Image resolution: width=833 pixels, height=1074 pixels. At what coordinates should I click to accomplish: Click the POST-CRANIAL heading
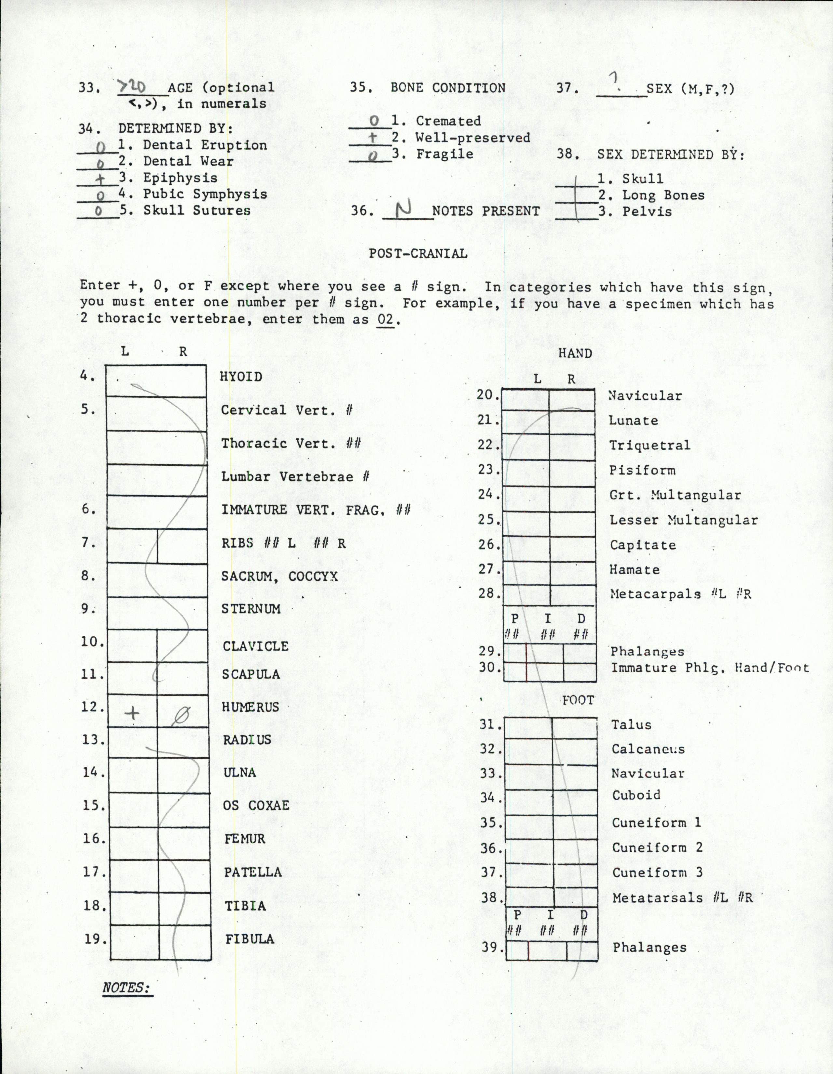click(418, 254)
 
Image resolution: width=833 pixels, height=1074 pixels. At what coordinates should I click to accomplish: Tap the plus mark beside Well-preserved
click(373, 138)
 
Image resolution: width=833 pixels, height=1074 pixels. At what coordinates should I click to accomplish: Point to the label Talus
click(631, 725)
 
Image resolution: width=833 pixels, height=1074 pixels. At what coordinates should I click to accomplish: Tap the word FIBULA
click(250, 939)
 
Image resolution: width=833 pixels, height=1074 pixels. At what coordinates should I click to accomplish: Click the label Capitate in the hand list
click(643, 545)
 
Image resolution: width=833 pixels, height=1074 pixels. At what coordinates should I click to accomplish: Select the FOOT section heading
click(578, 700)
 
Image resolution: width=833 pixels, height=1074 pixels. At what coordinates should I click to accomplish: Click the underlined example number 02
click(385, 320)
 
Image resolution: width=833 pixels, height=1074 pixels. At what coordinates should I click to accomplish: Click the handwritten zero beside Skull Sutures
click(98, 211)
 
